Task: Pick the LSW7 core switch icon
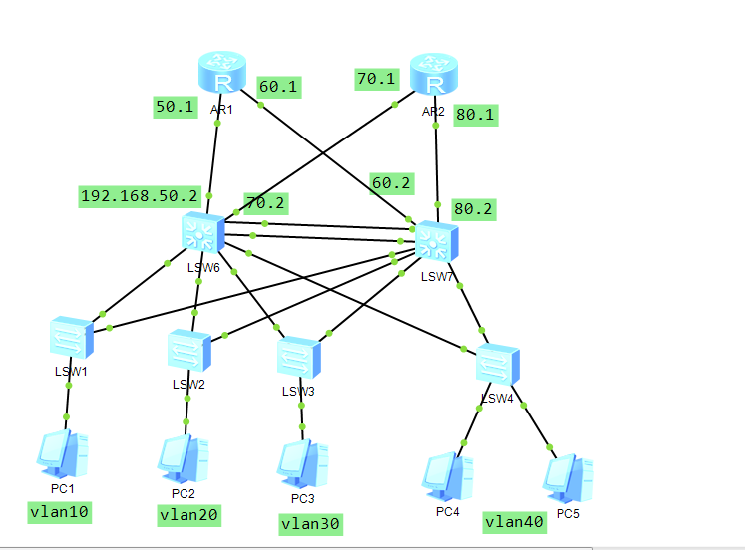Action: point(436,240)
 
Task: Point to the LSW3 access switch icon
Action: point(298,358)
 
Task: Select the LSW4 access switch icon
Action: point(497,365)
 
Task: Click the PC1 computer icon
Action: point(63,453)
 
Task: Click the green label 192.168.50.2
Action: point(141,196)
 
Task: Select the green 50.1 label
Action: point(175,107)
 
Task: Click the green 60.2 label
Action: point(391,182)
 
